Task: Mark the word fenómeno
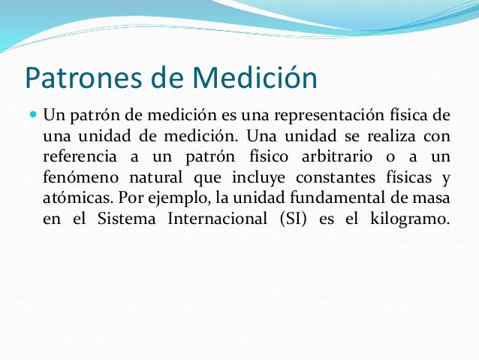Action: click(x=77, y=179)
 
